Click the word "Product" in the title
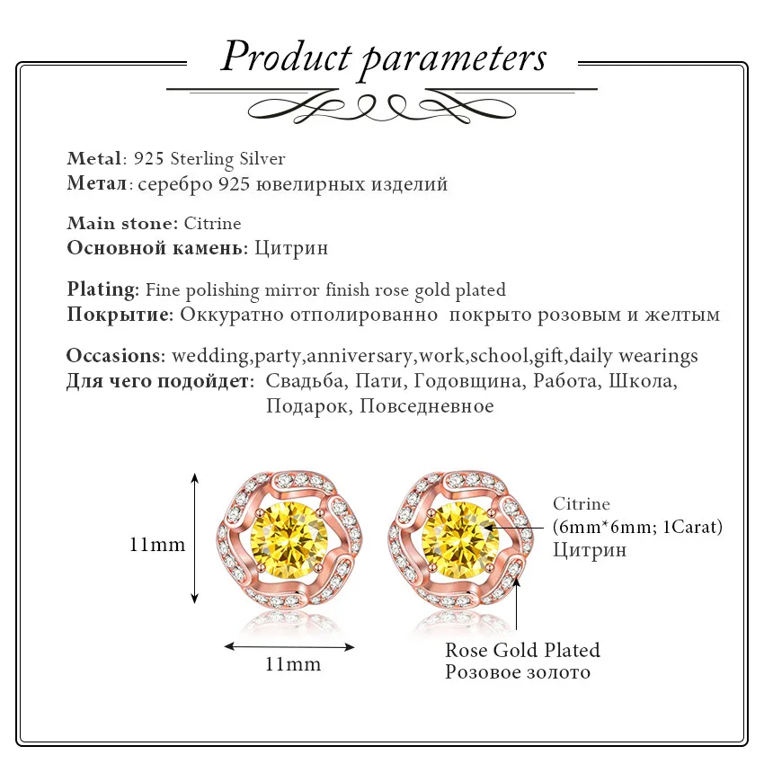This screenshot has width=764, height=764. pyautogui.click(x=285, y=58)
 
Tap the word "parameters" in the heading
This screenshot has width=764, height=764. pyautogui.click(x=453, y=59)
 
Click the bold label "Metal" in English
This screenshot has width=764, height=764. pyautogui.click(x=93, y=159)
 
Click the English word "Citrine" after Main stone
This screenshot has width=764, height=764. pyautogui.click(x=213, y=223)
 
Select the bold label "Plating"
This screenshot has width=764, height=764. pyautogui.click(x=102, y=289)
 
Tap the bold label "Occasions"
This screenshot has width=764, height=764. pyautogui.click(x=115, y=355)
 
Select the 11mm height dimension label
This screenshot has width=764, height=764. pyautogui.click(x=157, y=544)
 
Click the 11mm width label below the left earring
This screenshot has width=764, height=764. pyautogui.click(x=293, y=664)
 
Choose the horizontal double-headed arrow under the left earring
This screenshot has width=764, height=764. pyautogui.click(x=289, y=645)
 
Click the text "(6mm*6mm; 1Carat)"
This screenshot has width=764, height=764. pyautogui.click(x=637, y=527)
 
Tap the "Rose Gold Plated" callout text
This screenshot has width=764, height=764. pyautogui.click(x=522, y=650)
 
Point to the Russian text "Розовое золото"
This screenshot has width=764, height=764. pyautogui.click(x=518, y=671)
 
